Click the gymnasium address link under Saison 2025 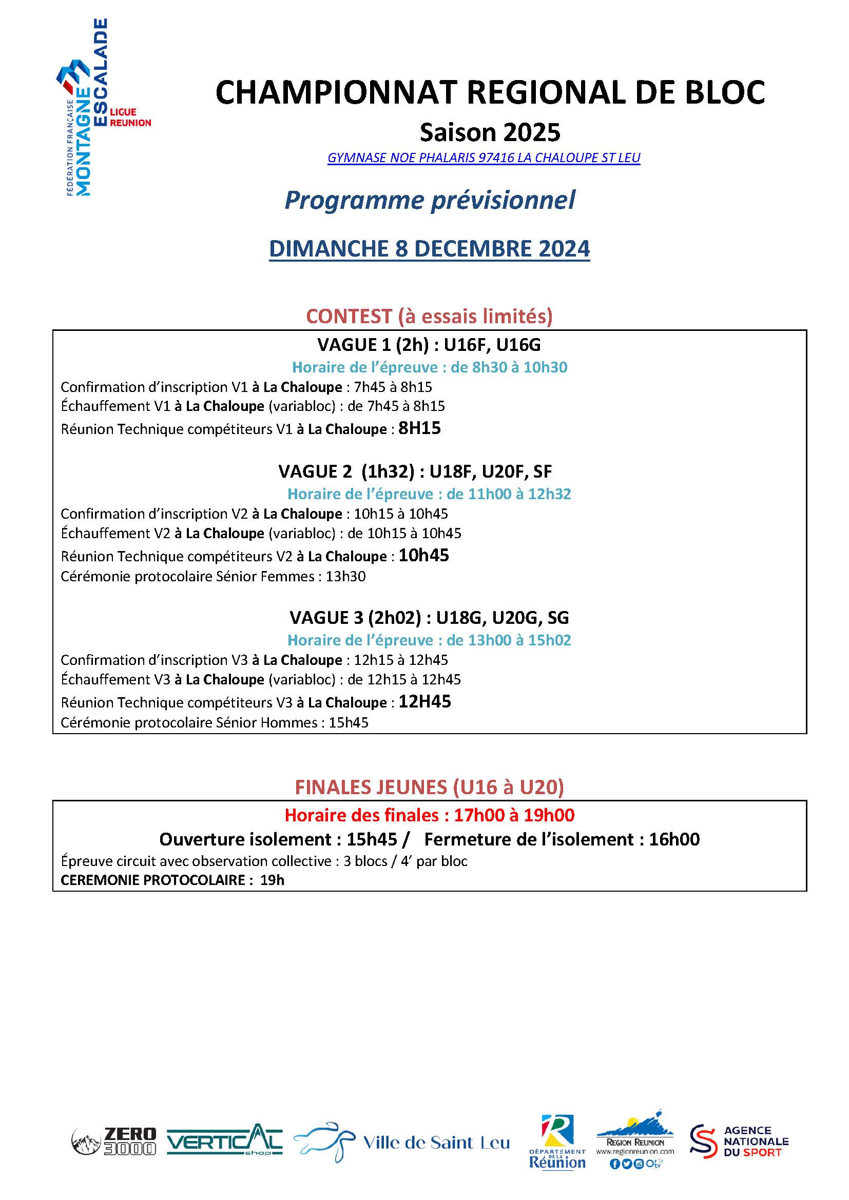click(484, 158)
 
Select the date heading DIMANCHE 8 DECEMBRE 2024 click(429, 249)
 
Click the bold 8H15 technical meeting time click(419, 428)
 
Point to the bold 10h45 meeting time click(423, 555)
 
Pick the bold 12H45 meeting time click(424, 701)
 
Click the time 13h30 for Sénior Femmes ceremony click(345, 577)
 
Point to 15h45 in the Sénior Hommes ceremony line click(348, 723)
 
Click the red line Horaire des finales click(429, 815)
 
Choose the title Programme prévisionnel click(429, 200)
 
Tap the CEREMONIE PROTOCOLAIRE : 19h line click(172, 880)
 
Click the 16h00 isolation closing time click(674, 839)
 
